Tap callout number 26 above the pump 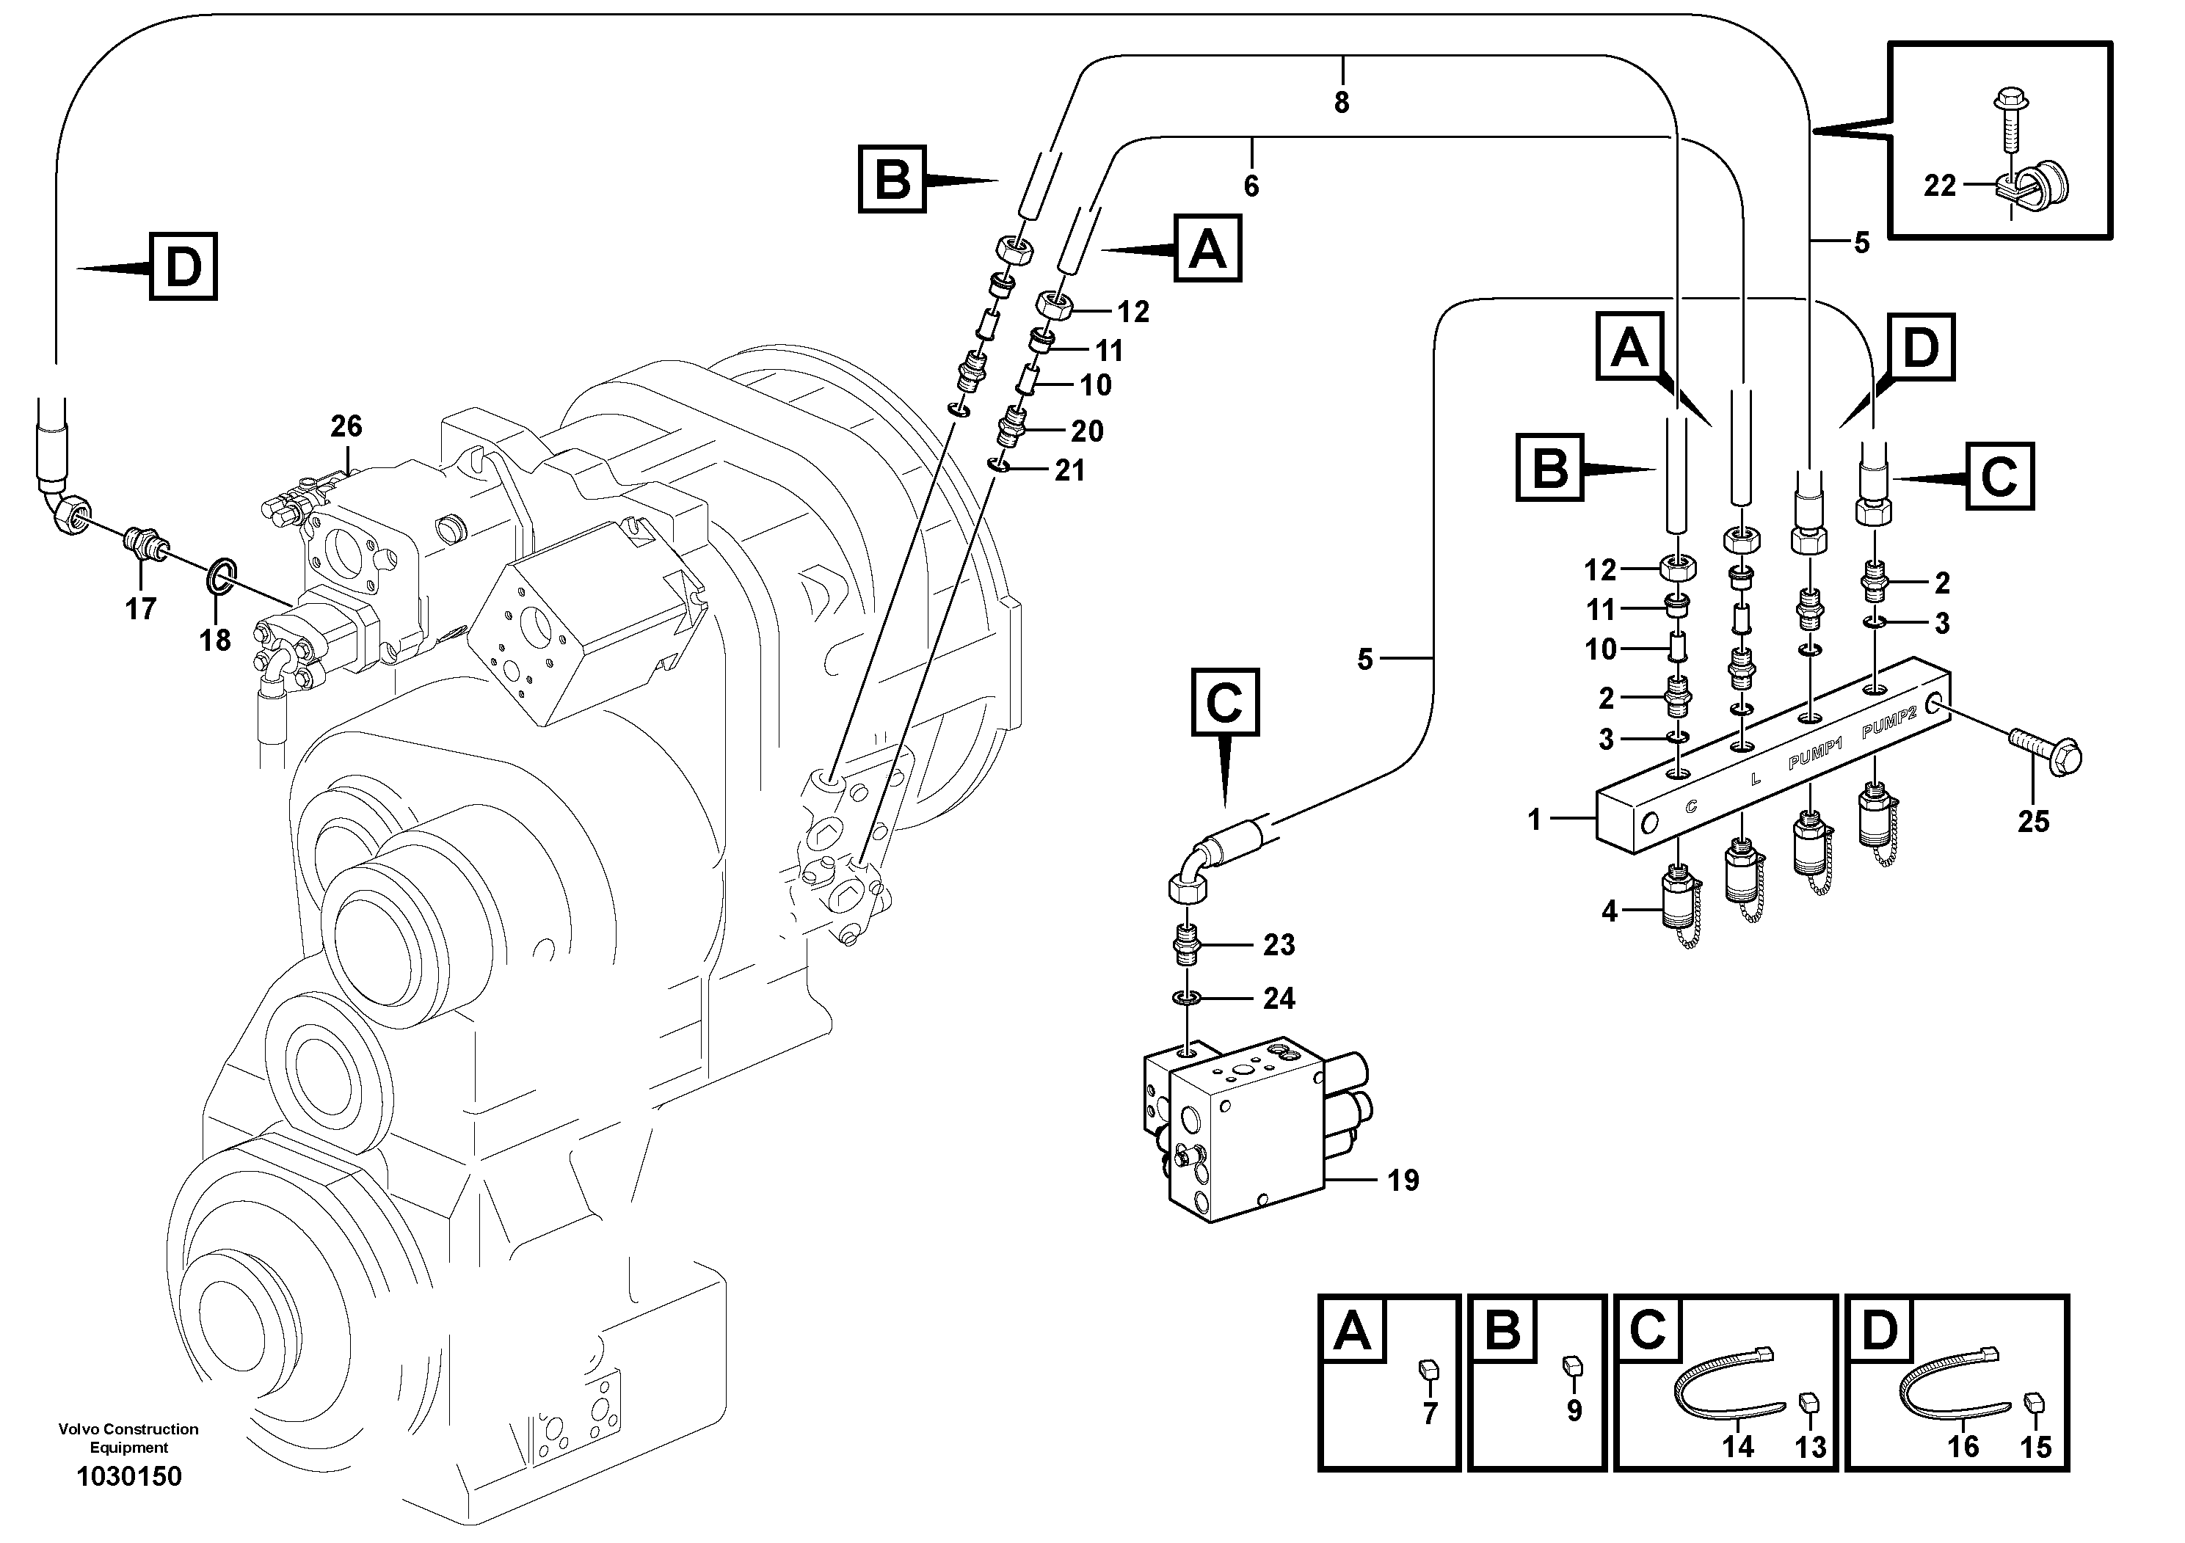pyautogui.click(x=346, y=426)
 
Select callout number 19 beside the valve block pyautogui.click(x=1403, y=1181)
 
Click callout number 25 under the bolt pyautogui.click(x=2033, y=821)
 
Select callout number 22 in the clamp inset pyautogui.click(x=1939, y=186)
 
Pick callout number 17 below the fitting pyautogui.click(x=141, y=609)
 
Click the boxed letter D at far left pyautogui.click(x=183, y=267)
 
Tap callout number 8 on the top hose pyautogui.click(x=1342, y=103)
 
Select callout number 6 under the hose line pyautogui.click(x=1251, y=186)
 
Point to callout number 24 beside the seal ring pyautogui.click(x=1279, y=998)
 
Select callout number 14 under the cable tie pyautogui.click(x=1738, y=1447)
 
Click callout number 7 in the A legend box pyautogui.click(x=1429, y=1414)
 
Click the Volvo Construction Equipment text pyautogui.click(x=128, y=1437)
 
